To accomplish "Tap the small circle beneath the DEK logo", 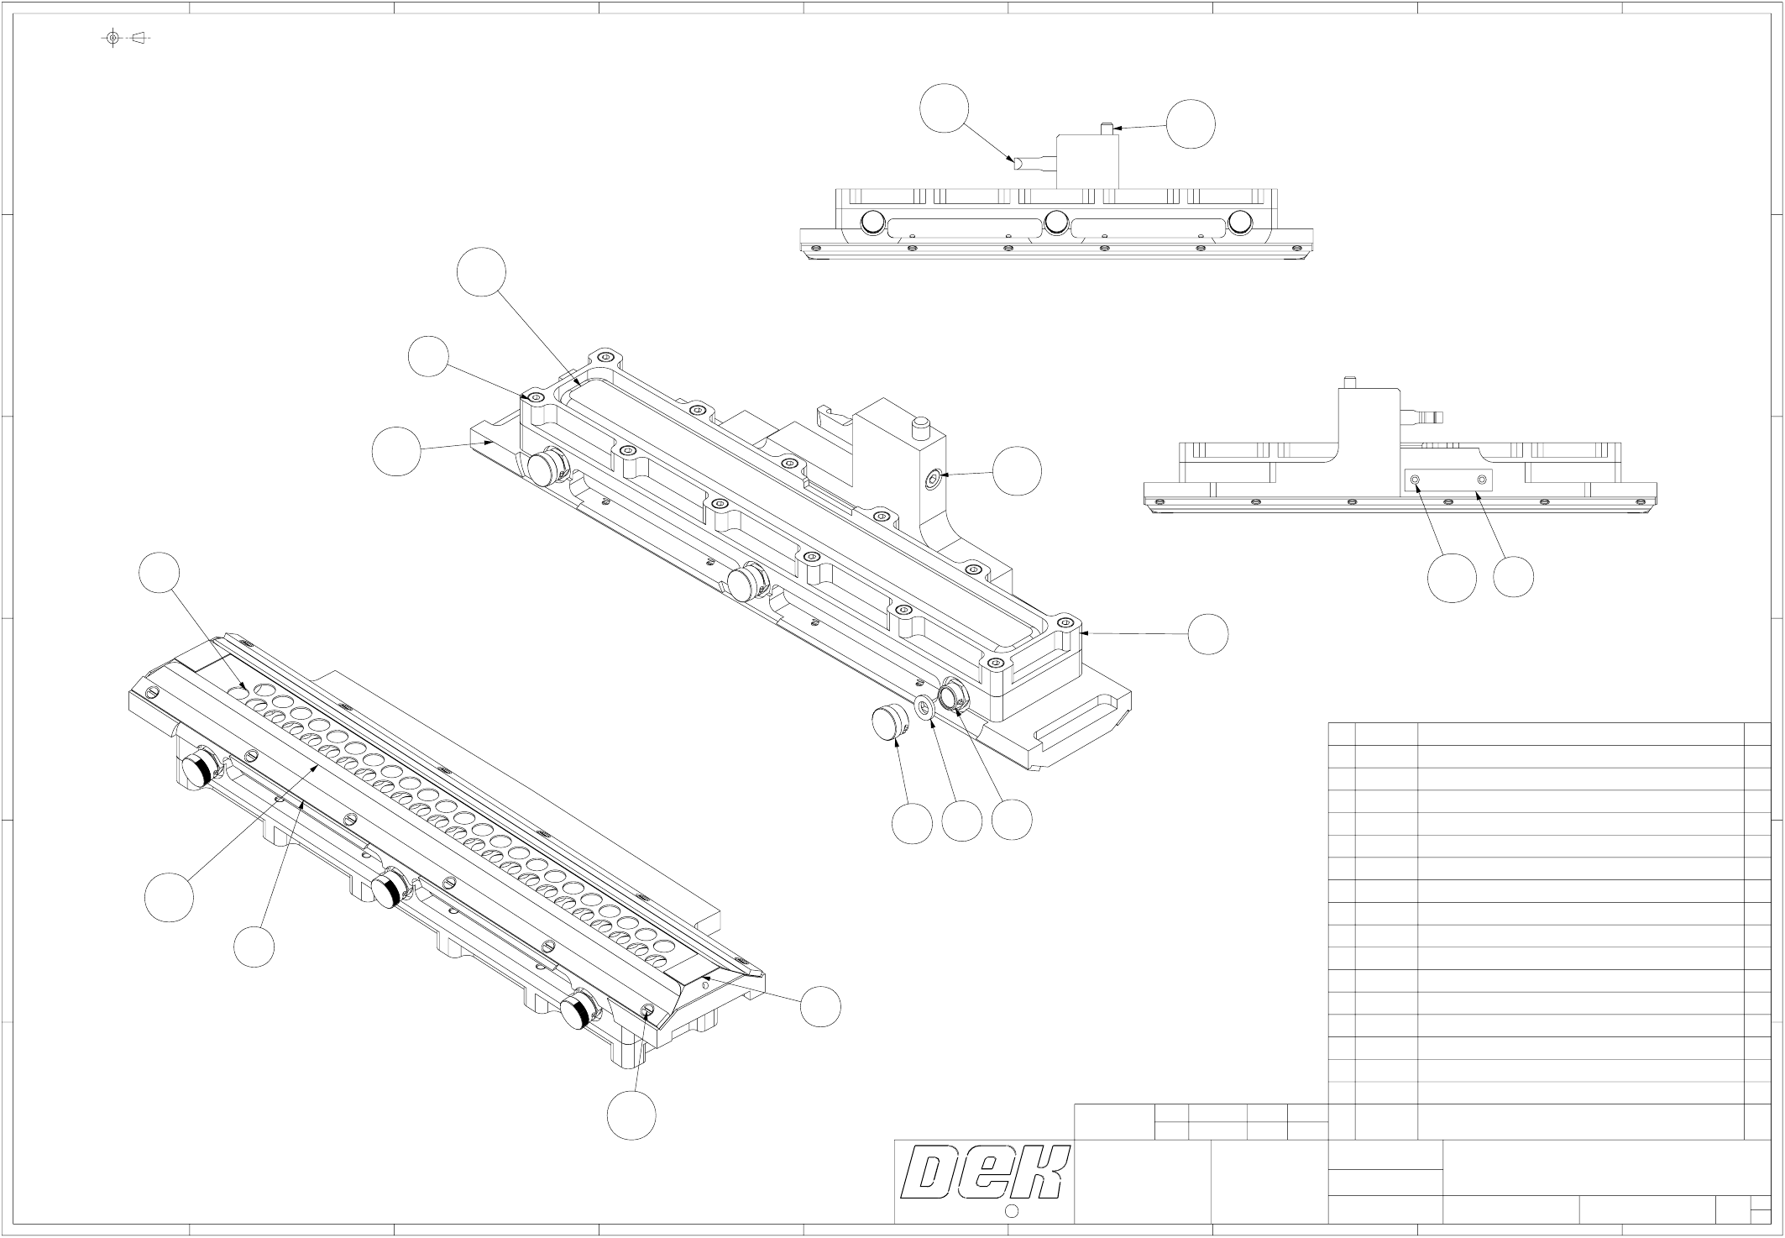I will coord(1012,1211).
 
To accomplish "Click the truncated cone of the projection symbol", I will coord(139,38).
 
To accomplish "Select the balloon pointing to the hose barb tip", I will coord(944,108).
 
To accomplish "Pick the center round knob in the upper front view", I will coord(1056,222).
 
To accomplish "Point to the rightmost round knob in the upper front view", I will coord(1239,222).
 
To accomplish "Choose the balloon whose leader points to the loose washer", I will coord(961,821).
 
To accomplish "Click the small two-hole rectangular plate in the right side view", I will coord(1449,480).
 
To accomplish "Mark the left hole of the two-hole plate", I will coord(1416,480).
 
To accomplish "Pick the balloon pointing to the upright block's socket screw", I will coord(1017,471).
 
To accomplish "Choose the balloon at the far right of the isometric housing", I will coord(1207,633).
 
